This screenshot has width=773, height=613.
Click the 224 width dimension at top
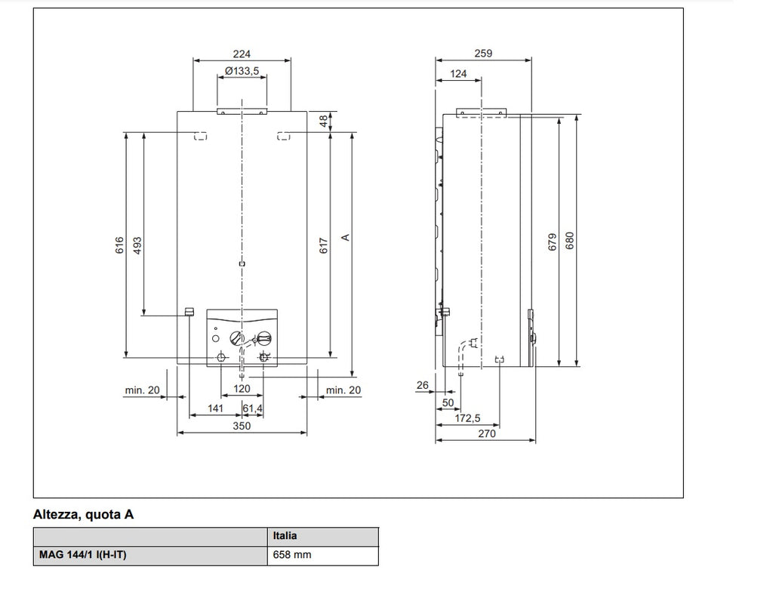(x=242, y=54)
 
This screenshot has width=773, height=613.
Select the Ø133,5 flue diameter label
(x=242, y=71)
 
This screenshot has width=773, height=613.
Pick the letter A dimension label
(x=345, y=237)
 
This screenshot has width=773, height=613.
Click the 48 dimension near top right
(x=324, y=122)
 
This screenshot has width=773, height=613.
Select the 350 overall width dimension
(x=242, y=427)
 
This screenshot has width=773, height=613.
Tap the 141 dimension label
(x=216, y=408)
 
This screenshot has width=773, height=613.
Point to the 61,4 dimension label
(x=253, y=408)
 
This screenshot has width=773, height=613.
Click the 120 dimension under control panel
(x=242, y=389)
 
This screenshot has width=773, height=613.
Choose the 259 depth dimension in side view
(x=483, y=54)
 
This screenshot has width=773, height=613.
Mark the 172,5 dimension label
(x=468, y=417)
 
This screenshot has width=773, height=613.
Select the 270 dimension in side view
(x=487, y=434)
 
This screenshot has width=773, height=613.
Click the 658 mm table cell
(x=291, y=556)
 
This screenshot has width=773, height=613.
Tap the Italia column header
(x=285, y=536)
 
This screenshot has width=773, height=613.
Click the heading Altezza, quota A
(x=83, y=516)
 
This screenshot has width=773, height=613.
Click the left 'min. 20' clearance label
(x=142, y=390)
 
